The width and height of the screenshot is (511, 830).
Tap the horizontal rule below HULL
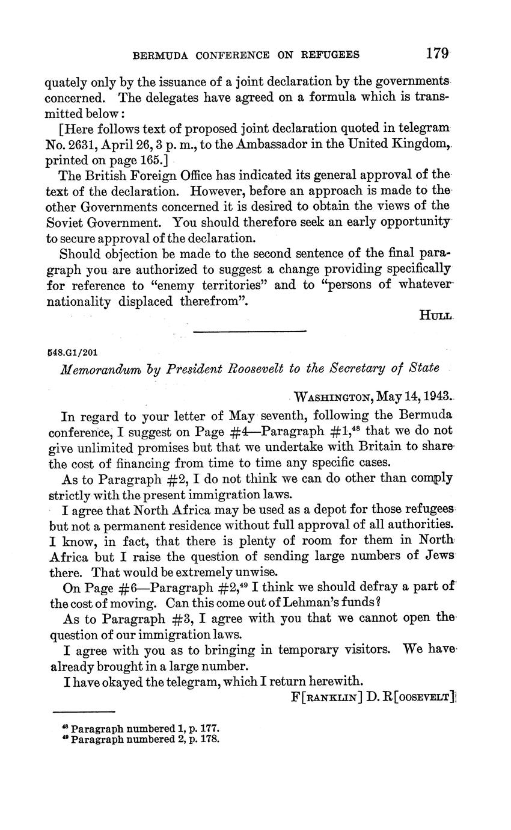[x=249, y=331]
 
